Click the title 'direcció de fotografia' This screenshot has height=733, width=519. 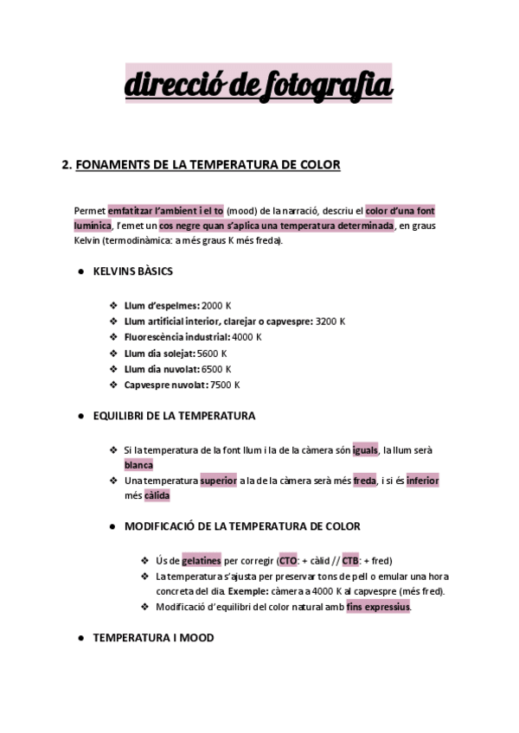[x=259, y=86]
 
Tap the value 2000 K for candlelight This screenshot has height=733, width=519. [x=216, y=305]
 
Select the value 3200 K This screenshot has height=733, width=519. [x=330, y=321]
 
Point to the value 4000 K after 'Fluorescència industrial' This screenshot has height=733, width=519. [x=247, y=337]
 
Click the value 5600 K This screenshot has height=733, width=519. [x=212, y=353]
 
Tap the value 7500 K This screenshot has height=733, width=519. [x=225, y=385]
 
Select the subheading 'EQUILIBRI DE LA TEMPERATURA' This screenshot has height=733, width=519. [x=174, y=416]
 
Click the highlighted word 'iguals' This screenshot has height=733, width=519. [x=366, y=449]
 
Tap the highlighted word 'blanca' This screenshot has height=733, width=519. [x=138, y=465]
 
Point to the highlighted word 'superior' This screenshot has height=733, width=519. [x=218, y=481]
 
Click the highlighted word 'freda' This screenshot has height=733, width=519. [x=364, y=481]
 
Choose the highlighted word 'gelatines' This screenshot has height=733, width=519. [x=202, y=560]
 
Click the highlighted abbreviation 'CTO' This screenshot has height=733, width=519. [x=288, y=560]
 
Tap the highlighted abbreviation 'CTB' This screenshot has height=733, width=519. [x=351, y=560]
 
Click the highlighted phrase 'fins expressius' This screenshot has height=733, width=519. [x=378, y=607]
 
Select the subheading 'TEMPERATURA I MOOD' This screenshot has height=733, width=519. [x=153, y=638]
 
